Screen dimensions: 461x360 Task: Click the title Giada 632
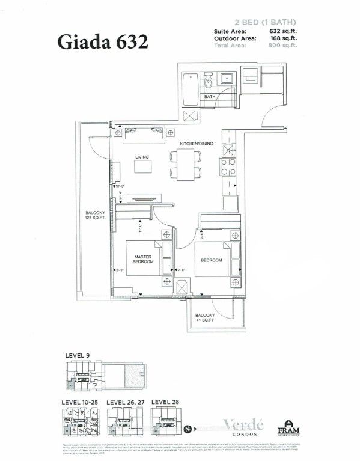(101, 42)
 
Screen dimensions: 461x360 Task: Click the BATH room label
(210, 96)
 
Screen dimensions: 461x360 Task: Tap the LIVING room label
(142, 157)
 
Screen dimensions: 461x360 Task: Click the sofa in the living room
(142, 137)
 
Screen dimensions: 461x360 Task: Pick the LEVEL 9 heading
(76, 356)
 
